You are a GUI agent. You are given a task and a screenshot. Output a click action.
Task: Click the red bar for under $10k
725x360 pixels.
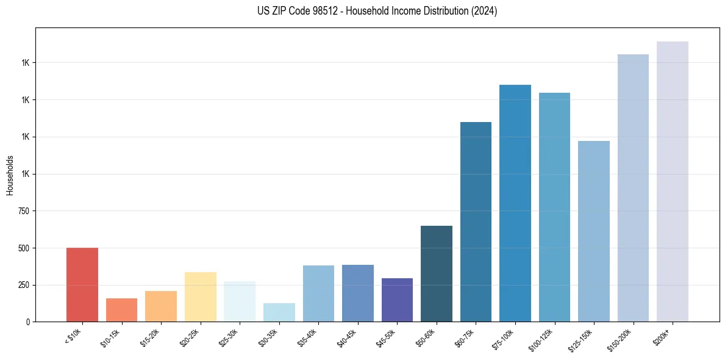pos(82,284)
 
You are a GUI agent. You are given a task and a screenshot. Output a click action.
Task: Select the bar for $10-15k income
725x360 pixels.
pos(121,310)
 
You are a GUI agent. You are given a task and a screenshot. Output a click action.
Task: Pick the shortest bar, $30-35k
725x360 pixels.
pos(279,312)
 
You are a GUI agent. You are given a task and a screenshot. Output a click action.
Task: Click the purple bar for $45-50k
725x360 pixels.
pos(397,300)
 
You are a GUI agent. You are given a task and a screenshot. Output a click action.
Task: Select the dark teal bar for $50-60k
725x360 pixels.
pos(437,273)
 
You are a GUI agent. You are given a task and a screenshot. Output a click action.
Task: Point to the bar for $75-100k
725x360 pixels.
pos(515,203)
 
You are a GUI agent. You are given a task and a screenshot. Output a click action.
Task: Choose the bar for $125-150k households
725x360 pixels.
pos(594,231)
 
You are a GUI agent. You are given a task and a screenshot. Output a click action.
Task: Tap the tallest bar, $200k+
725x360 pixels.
pos(673,181)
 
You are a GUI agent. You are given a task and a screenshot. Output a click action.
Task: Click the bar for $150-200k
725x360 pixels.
pos(633,188)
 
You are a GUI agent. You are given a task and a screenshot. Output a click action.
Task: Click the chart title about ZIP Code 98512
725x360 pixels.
pos(377,12)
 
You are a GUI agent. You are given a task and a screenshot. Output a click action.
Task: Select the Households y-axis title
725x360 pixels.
pos(10,175)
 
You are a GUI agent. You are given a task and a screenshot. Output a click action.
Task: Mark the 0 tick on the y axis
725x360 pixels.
pos(29,322)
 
